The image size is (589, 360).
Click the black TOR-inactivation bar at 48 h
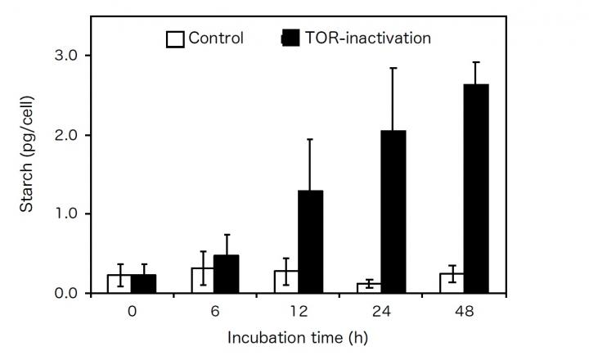[476, 188]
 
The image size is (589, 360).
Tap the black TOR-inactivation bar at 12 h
[310, 241]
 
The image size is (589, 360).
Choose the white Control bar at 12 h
[286, 281]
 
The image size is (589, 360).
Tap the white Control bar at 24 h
[369, 288]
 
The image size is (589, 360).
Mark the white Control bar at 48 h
[452, 282]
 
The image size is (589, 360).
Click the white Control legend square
[174, 38]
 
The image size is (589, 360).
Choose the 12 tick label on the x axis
[298, 312]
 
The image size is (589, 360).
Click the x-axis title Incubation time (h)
[298, 337]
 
